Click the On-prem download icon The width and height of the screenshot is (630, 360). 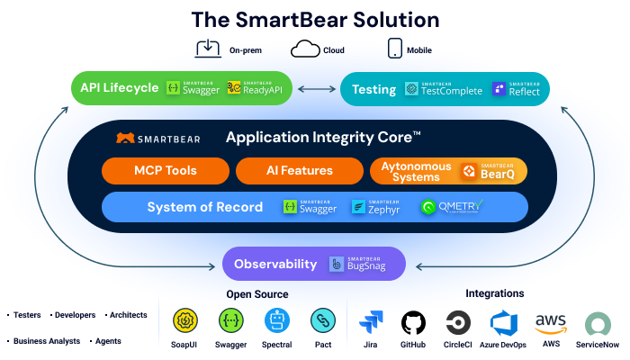(208, 49)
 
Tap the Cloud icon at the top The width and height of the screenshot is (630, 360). (306, 49)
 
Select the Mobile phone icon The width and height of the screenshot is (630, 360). (393, 49)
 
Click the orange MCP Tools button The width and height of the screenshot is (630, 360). (166, 170)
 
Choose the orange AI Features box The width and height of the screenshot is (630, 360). (299, 170)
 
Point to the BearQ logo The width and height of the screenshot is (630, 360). (490, 170)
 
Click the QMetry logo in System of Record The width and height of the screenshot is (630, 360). (451, 207)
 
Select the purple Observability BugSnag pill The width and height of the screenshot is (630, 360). (314, 264)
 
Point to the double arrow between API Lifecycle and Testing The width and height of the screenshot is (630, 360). (316, 88)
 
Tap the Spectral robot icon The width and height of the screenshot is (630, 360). (277, 320)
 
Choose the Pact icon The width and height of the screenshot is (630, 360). (322, 320)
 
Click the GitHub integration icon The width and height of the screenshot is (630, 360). (413, 323)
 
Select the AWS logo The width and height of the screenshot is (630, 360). (550, 323)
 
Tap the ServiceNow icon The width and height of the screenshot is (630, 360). (598, 323)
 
